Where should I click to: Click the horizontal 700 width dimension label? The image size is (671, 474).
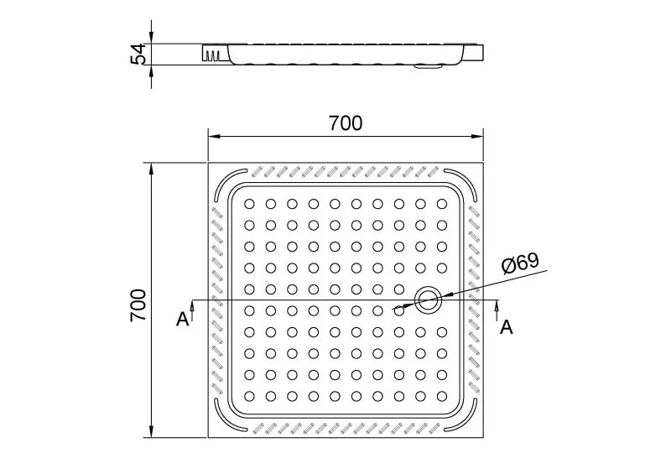pyautogui.click(x=346, y=123)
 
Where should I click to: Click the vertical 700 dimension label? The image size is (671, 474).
pyautogui.click(x=138, y=305)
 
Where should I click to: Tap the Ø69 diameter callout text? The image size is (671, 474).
pyautogui.click(x=520, y=263)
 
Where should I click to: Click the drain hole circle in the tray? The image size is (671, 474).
pyautogui.click(x=428, y=300)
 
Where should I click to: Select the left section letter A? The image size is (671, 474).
pyautogui.click(x=182, y=319)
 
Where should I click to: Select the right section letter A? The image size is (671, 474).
pyautogui.click(x=507, y=327)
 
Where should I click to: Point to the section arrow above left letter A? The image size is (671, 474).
pyautogui.click(x=193, y=310)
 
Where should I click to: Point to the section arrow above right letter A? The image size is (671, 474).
pyautogui.click(x=497, y=310)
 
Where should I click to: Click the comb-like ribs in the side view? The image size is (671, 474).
pyautogui.click(x=213, y=55)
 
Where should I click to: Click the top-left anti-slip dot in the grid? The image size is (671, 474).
pyautogui.click(x=249, y=204)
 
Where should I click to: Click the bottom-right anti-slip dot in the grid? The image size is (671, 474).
pyautogui.click(x=442, y=396)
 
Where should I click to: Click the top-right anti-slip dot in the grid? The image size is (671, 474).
pyautogui.click(x=442, y=204)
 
